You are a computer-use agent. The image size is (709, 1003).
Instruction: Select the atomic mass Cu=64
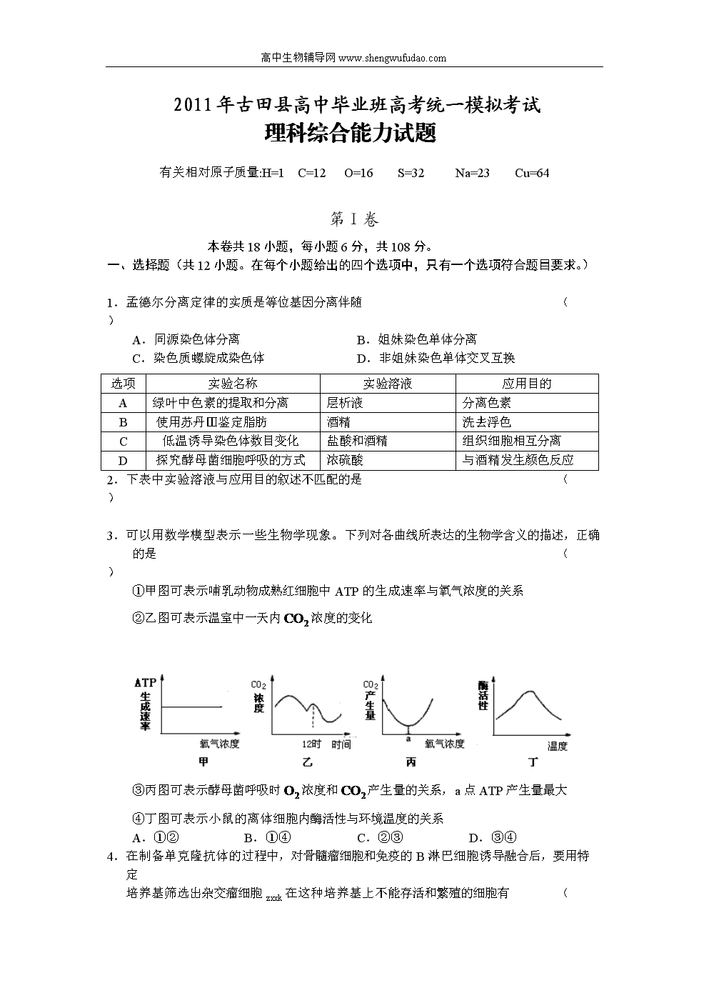pyautogui.click(x=532, y=173)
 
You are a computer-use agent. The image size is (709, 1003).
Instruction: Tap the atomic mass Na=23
pyautogui.click(x=472, y=173)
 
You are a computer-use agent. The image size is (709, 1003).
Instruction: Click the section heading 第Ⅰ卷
pyautogui.click(x=355, y=219)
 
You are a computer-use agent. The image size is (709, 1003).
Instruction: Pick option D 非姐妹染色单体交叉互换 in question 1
pyautogui.click(x=436, y=358)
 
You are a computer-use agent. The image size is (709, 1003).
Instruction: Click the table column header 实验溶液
pyautogui.click(x=388, y=384)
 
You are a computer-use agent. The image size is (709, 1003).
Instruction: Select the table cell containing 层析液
pyautogui.click(x=345, y=403)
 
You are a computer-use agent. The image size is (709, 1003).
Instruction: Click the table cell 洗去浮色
pyautogui.click(x=487, y=422)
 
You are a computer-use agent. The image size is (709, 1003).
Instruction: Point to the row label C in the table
pyautogui.click(x=124, y=441)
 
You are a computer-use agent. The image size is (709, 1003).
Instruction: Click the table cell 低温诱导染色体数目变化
pyautogui.click(x=230, y=441)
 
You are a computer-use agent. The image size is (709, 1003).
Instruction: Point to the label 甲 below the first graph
pyautogui.click(x=203, y=763)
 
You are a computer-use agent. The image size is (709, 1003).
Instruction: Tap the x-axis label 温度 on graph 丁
pyautogui.click(x=557, y=747)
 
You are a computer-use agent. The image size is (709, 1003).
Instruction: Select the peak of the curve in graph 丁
pyautogui.click(x=529, y=692)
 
